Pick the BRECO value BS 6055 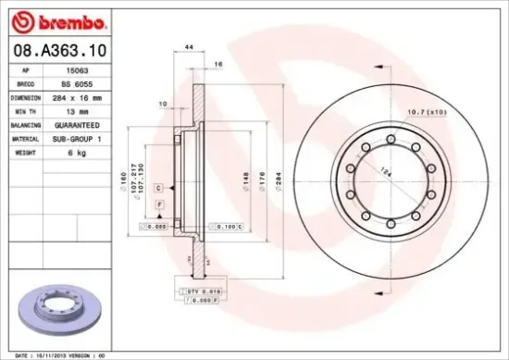pyautogui.click(x=87, y=82)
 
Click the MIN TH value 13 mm pyautogui.click(x=87, y=109)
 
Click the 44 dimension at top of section pyautogui.click(x=188, y=46)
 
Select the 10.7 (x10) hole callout pyautogui.click(x=425, y=112)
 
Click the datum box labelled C pyautogui.click(x=158, y=188)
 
